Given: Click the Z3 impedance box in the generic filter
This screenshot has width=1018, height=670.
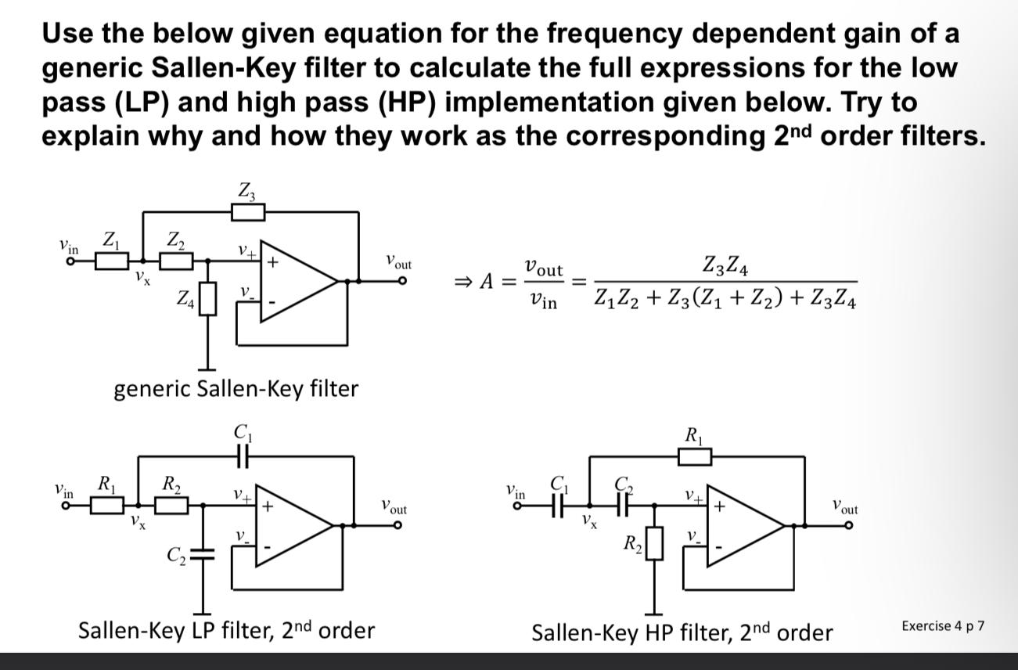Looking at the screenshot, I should point(249,211).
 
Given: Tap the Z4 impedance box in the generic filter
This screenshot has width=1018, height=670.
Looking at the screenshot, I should point(207,299).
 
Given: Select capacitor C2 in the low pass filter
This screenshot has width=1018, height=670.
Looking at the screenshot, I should point(203,553).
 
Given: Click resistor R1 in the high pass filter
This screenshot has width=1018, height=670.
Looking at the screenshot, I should point(694,456).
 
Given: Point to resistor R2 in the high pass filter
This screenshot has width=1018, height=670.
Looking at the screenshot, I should point(654,542).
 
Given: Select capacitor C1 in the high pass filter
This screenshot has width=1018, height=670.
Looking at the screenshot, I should point(557,506).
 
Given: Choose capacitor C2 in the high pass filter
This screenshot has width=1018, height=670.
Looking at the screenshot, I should point(622,506).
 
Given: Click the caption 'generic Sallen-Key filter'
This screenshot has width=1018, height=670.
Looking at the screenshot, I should point(236,388).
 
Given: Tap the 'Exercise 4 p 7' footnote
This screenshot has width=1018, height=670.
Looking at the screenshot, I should point(943,625).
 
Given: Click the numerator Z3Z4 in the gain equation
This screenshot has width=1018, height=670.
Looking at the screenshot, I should point(725,269).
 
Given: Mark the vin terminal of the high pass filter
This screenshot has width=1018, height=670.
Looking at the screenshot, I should point(517,506).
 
